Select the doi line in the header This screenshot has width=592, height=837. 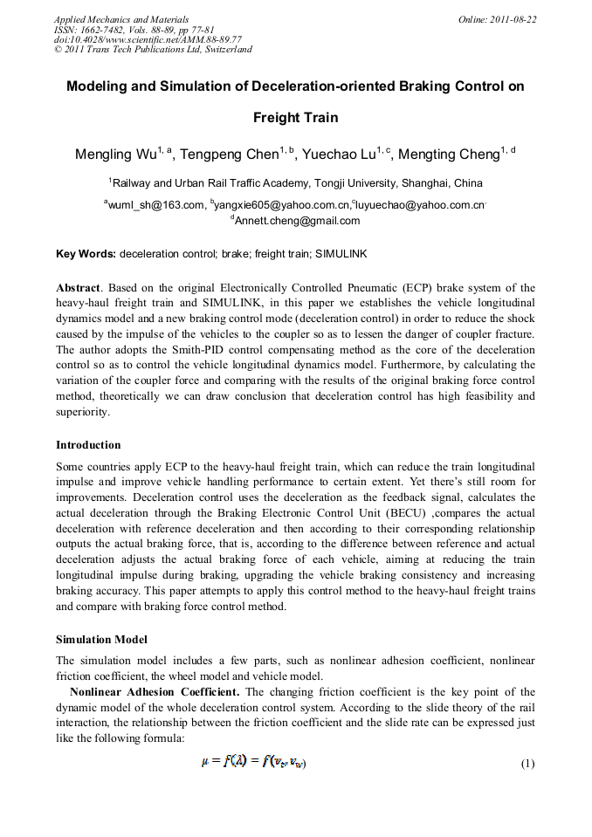tap(148, 39)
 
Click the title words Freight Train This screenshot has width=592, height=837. tap(295, 117)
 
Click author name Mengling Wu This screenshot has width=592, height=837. tap(114, 155)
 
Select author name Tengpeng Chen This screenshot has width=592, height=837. tap(230, 155)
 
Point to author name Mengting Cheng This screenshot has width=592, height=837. tap(444, 155)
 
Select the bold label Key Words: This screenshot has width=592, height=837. tap(86, 254)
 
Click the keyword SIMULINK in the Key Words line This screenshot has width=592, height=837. tap(341, 254)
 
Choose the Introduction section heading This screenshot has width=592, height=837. tap(88, 445)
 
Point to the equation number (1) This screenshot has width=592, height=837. tap(527, 763)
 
